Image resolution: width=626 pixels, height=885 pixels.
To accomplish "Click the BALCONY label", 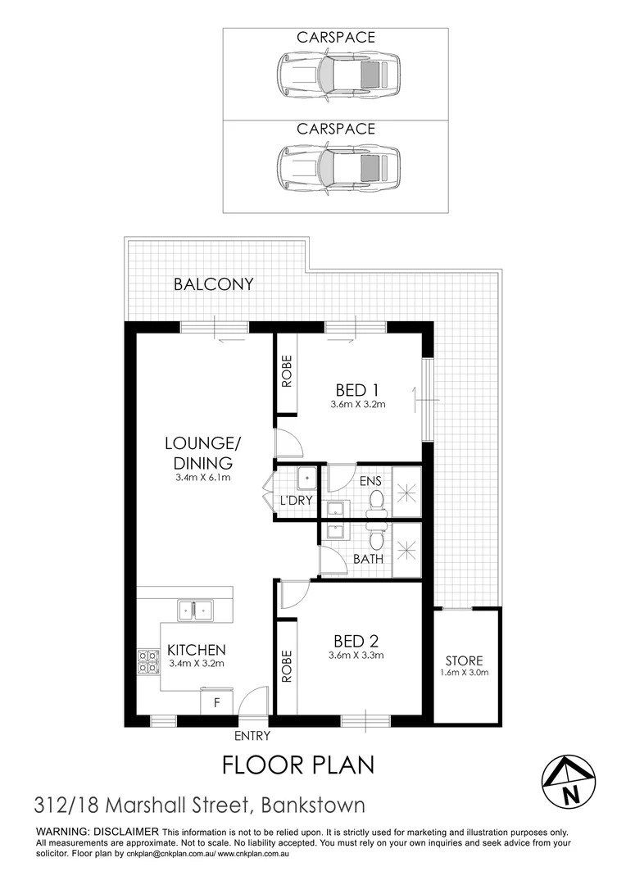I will tap(214, 285).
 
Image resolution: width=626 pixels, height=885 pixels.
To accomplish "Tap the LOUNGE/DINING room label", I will tap(203, 453).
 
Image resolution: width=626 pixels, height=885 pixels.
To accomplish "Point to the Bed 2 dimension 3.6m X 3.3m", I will tap(356, 655).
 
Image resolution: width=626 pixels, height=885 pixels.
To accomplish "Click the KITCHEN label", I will tap(196, 650).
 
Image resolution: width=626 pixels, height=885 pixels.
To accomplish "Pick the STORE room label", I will tap(465, 660).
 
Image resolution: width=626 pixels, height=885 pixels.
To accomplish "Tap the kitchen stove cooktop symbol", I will tap(148, 661).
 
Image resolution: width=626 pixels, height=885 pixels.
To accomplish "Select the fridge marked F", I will tap(217, 702).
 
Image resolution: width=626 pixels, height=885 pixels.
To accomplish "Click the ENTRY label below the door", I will tap(252, 736).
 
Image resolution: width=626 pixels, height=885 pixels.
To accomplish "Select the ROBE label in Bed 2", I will tap(287, 667).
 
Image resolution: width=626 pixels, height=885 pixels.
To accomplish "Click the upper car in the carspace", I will tap(338, 75).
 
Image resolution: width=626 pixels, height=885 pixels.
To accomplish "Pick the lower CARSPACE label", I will tap(336, 129).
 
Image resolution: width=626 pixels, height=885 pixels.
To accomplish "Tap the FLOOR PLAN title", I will tap(299, 765).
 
